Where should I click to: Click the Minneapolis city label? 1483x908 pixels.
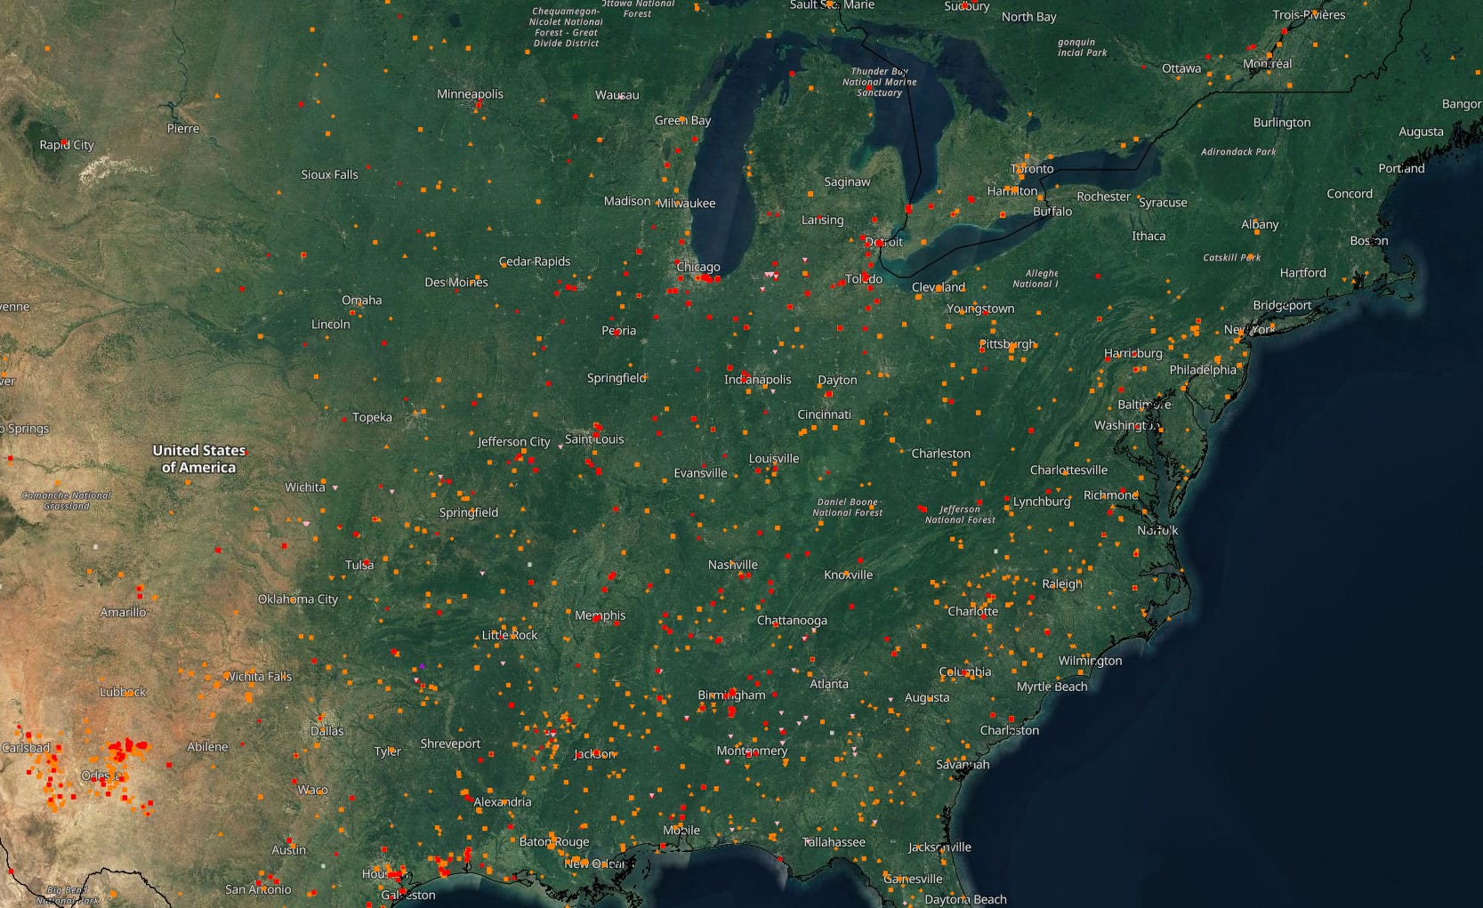point(470,94)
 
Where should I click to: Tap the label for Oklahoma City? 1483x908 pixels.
point(298,599)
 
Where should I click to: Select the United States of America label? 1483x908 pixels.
point(198,459)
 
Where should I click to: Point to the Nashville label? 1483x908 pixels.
point(733,565)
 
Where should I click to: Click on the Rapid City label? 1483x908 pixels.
point(67,145)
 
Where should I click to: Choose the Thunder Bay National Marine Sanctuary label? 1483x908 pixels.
point(879,82)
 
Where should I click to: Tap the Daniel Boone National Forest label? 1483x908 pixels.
point(847,507)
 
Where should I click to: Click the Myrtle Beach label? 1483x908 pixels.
point(1052,687)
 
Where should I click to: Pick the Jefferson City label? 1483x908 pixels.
point(513,442)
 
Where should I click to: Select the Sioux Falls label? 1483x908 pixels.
point(329,175)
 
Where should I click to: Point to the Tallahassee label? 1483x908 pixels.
point(834,841)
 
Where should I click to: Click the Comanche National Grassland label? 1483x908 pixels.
point(67,501)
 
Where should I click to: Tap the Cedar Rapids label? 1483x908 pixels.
point(535,261)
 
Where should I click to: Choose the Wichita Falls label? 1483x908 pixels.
point(258,677)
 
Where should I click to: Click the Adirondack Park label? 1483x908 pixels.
point(1238,152)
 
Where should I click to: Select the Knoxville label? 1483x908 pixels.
point(848,575)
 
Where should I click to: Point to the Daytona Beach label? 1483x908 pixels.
point(965,899)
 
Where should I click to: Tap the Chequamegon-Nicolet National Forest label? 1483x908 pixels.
point(567,27)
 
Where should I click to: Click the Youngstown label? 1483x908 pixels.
point(980,309)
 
